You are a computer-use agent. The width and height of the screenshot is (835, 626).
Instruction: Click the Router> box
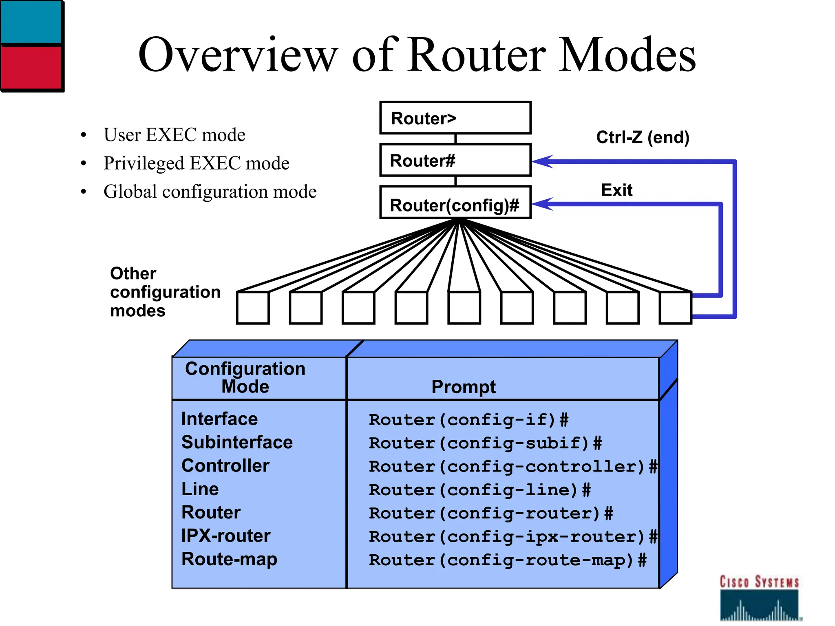pos(455,118)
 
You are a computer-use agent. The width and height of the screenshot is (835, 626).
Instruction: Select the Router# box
pos(455,160)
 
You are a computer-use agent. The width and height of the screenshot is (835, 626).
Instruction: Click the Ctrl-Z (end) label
pos(643,137)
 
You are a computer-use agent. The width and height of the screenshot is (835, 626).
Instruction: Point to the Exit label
pos(616,190)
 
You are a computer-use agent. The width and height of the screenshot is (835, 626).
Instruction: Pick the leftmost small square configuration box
pos(253,308)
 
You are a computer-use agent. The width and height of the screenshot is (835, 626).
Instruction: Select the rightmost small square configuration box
pos(675,308)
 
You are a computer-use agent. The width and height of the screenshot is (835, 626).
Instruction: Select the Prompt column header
pos(463,387)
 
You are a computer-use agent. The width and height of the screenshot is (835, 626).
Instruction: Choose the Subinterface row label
pos(237,442)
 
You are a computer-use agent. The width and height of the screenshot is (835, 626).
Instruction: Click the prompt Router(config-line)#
pos(479,490)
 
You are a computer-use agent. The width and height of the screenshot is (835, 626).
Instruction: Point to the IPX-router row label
pos(225,536)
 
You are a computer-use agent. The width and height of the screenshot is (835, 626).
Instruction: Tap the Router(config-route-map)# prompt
pos(507,560)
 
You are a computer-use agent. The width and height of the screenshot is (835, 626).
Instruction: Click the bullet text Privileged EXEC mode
pos(196,163)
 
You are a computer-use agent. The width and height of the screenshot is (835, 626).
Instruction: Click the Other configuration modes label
pos(165,292)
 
